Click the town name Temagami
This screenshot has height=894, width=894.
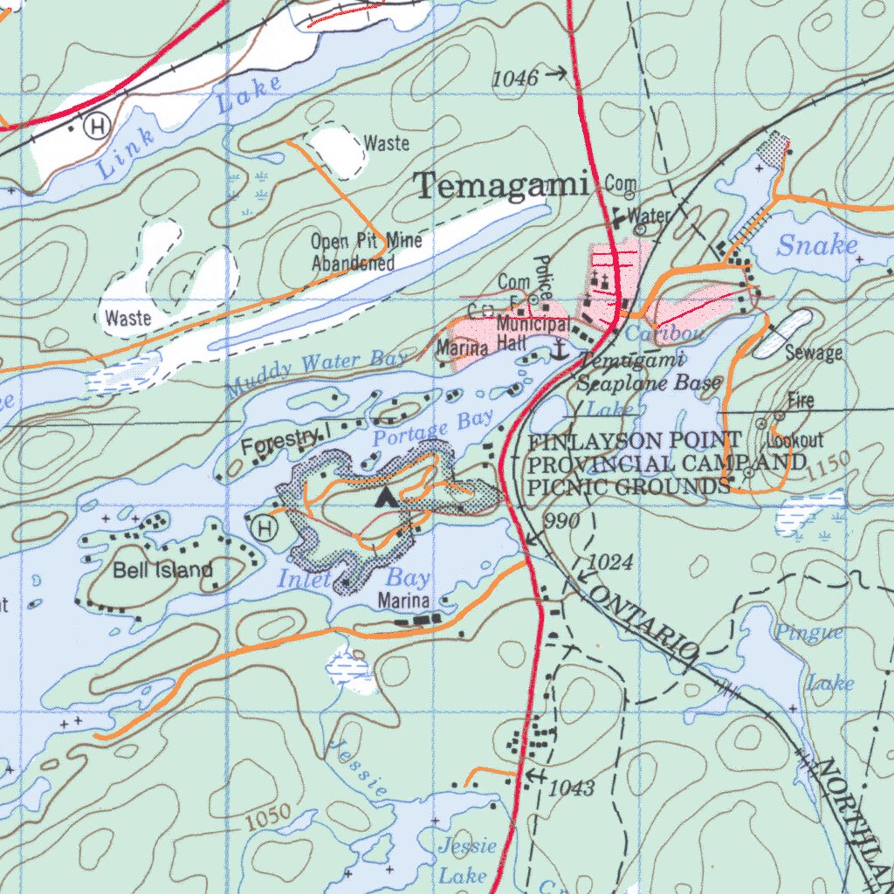tap(501, 185)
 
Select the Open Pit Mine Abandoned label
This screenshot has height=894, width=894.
tap(354, 251)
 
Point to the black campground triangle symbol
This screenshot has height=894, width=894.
tap(383, 499)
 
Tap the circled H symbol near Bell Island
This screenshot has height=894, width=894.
tap(261, 527)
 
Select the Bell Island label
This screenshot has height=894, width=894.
tap(162, 571)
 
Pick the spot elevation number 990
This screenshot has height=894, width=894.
tap(560, 521)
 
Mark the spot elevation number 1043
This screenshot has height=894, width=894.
tap(574, 788)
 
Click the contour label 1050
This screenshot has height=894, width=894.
tap(267, 818)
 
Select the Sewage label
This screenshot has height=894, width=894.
tap(813, 353)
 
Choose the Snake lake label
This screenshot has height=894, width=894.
tap(816, 245)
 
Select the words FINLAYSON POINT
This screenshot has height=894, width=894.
tap(635, 442)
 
